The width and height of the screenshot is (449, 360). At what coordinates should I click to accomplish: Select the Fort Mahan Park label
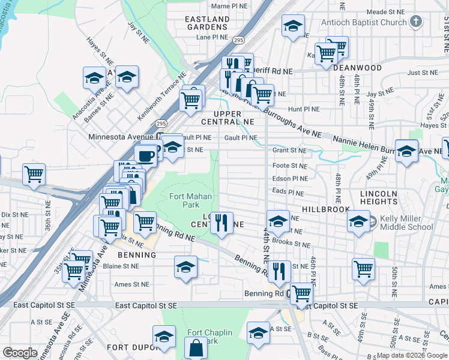point(184,200)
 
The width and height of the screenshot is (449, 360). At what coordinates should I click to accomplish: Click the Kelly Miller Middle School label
point(406,223)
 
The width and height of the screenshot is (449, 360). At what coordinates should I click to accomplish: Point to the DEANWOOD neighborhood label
point(358,68)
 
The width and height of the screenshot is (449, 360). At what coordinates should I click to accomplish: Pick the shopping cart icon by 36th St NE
point(34,175)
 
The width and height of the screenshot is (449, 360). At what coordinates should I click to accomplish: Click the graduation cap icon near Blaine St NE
point(186,266)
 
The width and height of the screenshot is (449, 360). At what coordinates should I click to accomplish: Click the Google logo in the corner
point(20,353)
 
